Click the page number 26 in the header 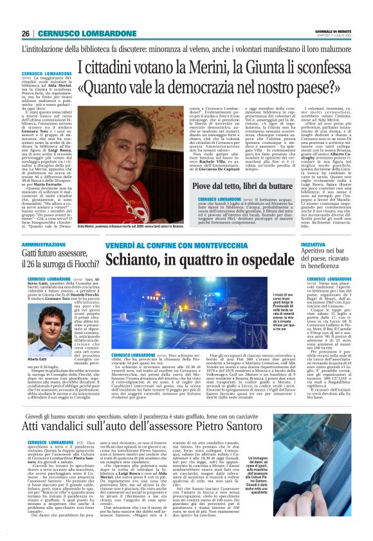click(26, 33)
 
